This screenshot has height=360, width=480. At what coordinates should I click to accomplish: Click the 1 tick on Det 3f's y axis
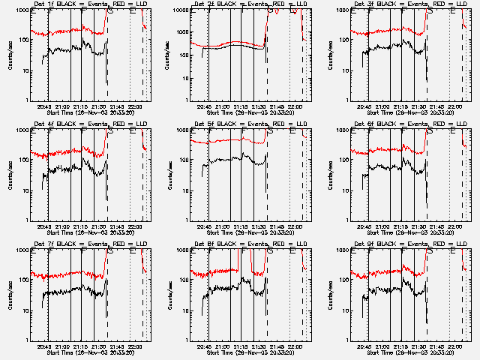[346, 100]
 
